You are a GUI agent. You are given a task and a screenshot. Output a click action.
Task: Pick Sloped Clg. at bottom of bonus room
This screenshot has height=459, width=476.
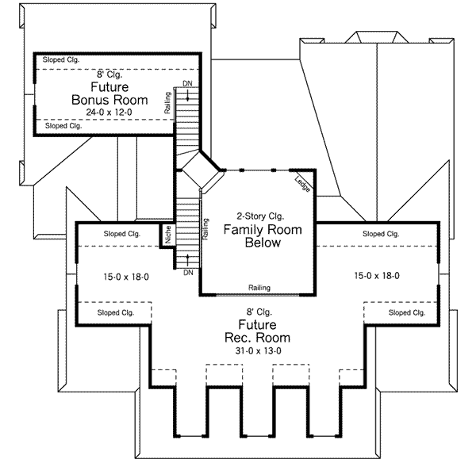click(64, 126)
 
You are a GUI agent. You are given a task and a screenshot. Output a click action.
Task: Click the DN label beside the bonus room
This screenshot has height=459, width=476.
click(186, 83)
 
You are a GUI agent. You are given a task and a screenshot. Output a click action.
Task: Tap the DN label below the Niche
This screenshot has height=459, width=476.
click(187, 273)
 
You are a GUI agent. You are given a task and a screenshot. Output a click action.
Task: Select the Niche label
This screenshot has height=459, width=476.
click(167, 235)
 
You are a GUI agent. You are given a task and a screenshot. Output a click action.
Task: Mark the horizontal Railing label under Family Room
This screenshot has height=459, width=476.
click(259, 287)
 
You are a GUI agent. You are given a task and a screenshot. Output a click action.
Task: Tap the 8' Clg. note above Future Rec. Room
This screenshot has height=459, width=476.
click(256, 312)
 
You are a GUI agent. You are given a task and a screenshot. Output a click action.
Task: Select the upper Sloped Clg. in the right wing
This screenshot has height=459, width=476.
click(381, 234)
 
